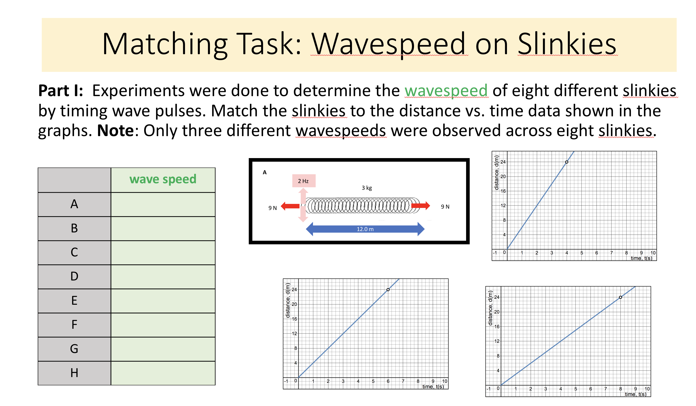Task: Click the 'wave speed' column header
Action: [x=163, y=179]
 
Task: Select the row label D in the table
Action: [x=74, y=276]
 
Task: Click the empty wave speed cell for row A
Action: [x=163, y=205]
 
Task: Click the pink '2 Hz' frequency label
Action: [x=304, y=181]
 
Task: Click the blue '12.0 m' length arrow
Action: [x=365, y=229]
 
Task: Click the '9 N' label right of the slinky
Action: [x=445, y=207]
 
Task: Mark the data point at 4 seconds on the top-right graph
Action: [x=567, y=162]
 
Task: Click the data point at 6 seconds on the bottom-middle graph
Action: [x=388, y=290]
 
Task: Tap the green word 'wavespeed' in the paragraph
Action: [x=446, y=90]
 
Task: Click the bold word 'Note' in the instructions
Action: [x=115, y=131]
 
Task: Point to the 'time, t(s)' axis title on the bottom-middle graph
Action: [x=433, y=387]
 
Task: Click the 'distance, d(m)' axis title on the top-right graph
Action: [x=497, y=173]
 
